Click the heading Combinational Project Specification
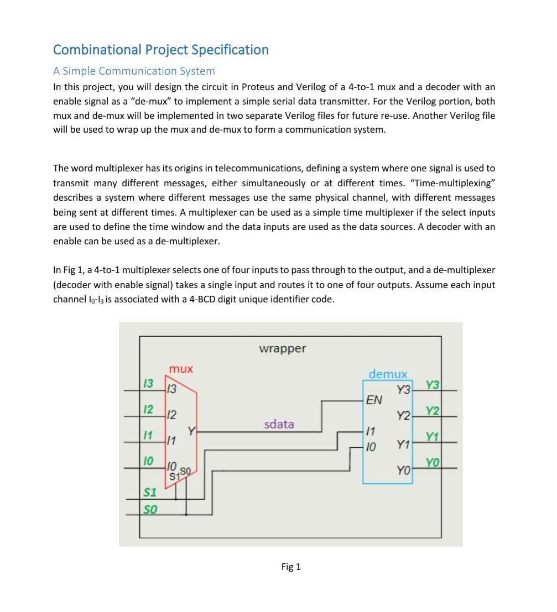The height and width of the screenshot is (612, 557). point(161,50)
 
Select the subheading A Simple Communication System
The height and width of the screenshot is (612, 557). point(134,71)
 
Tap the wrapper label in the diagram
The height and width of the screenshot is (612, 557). point(282,349)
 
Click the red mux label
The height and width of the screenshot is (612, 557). point(181,369)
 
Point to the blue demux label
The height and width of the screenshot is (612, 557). point(388,374)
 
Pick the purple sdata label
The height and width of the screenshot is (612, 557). point(279,424)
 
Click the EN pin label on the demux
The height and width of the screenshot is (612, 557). point(374,400)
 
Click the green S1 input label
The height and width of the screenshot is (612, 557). point(149,492)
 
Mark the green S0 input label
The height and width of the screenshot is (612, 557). point(149,509)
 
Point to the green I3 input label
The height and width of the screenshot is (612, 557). point(148,383)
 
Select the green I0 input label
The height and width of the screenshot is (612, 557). point(148,460)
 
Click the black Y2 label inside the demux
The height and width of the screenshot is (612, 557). point(404,416)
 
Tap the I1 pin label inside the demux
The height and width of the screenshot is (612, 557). point(371,431)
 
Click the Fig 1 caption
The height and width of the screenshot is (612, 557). point(291,567)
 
